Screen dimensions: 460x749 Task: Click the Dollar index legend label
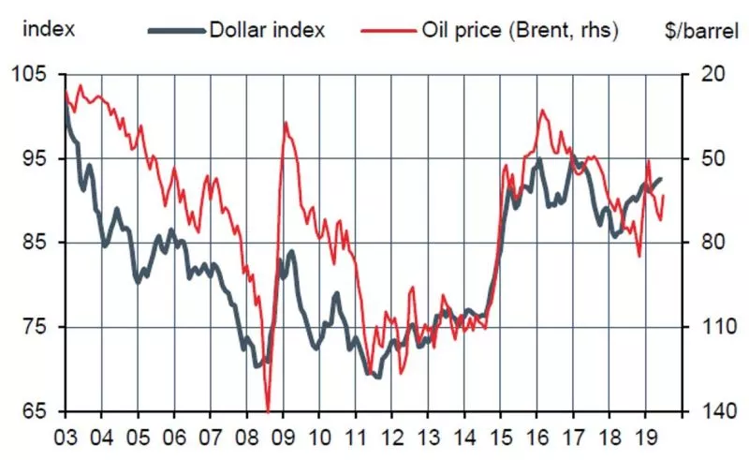(x=267, y=29)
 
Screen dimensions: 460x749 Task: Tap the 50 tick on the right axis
(x=703, y=158)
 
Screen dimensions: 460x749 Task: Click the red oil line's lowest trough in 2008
(x=268, y=410)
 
